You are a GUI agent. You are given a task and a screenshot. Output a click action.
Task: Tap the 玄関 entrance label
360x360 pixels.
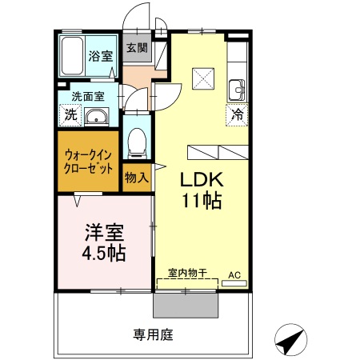[x=137, y=47]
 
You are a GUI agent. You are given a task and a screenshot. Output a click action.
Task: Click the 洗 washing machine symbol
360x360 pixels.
[x=70, y=114]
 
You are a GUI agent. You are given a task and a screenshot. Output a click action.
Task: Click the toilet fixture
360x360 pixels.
[x=137, y=138]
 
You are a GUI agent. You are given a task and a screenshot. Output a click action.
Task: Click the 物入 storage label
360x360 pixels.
[x=137, y=177]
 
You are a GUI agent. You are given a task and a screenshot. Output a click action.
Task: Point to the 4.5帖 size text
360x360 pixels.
[x=103, y=254]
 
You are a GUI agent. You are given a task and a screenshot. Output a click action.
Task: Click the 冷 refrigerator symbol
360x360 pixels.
[x=238, y=114]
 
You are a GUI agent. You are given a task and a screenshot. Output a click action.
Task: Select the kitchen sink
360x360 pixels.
[x=237, y=88]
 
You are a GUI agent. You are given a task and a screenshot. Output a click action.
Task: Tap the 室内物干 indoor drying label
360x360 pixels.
[x=187, y=274]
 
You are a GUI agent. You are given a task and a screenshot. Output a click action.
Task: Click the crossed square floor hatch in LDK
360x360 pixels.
[x=203, y=78]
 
